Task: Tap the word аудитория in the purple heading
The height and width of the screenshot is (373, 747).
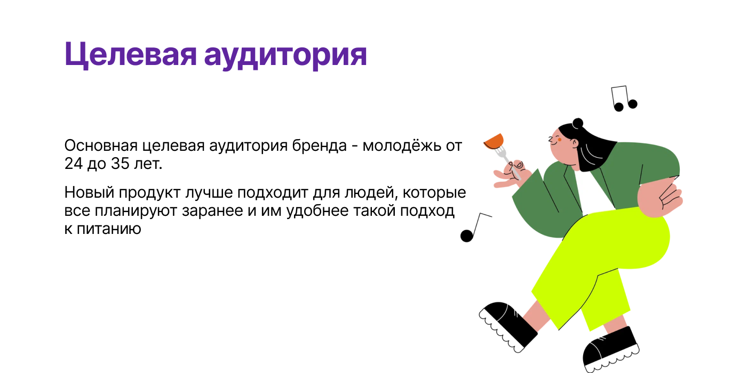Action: pos(285,55)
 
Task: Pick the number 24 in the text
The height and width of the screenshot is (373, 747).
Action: pos(73,164)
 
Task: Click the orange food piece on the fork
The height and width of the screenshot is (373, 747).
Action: pos(494,142)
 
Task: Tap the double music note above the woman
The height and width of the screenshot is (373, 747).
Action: pos(623,99)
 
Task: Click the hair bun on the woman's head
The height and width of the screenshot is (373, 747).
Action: pos(578,123)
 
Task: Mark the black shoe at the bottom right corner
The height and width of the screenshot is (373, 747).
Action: pos(610,348)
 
